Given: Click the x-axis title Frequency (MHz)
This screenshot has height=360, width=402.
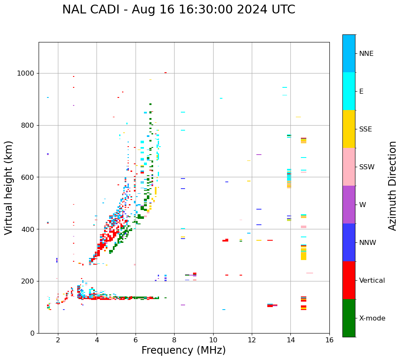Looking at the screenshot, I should (x=183, y=350).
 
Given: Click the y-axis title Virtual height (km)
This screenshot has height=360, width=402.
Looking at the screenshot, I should (x=9, y=187).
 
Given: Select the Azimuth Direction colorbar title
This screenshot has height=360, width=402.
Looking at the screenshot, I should (x=392, y=186).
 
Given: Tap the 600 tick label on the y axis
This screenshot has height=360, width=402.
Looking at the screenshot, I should (x=29, y=177).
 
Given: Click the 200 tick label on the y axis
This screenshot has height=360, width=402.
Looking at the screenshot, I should (x=29, y=281).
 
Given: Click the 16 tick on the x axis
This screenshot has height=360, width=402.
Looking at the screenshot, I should (x=329, y=339).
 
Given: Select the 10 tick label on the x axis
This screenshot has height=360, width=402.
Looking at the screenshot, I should (x=213, y=339).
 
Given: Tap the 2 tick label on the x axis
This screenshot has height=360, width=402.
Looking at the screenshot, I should (x=58, y=339).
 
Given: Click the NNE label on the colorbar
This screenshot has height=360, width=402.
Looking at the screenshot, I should (x=366, y=54).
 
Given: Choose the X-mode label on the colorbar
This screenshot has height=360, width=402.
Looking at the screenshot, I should (x=372, y=318).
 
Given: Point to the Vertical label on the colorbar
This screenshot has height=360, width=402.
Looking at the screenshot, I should (x=372, y=281).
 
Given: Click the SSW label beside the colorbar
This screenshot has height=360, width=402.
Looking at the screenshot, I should (x=367, y=167).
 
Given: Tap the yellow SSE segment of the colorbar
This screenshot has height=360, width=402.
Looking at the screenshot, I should (x=349, y=129).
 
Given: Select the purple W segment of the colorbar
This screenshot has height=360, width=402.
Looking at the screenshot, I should (x=349, y=205).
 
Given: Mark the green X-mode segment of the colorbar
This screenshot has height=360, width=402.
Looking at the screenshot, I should (x=349, y=318).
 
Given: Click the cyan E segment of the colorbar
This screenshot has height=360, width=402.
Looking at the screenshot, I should (x=349, y=91).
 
